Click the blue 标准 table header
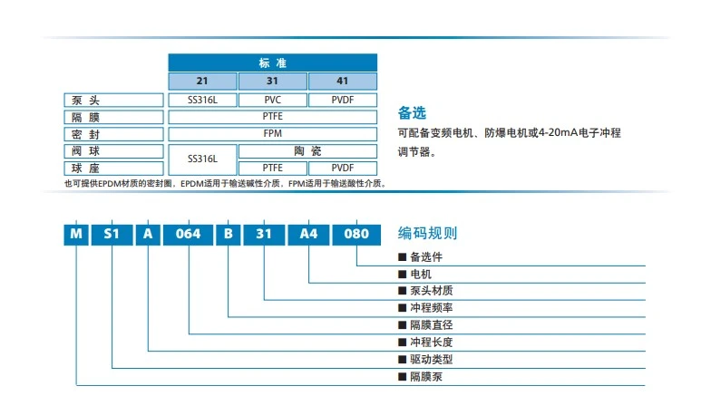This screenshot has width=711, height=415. tap(273, 63)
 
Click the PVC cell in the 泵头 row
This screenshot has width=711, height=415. tap(273, 100)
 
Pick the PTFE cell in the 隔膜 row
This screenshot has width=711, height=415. tap(273, 117)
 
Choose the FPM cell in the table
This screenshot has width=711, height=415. tap(273, 134)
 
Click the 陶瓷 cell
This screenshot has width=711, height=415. tap(308, 150)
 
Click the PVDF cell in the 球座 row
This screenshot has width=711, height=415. tap(343, 168)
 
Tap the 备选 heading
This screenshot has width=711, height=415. tap(412, 114)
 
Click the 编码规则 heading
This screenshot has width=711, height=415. tap(428, 234)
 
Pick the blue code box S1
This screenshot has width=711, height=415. tap(112, 233)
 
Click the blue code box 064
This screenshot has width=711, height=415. tap(188, 233)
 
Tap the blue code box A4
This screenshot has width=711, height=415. tap(308, 233)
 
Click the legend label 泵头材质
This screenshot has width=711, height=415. tap(431, 291)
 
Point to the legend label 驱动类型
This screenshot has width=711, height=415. tap(431, 360)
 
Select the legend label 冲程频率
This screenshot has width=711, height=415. tap(431, 308)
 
